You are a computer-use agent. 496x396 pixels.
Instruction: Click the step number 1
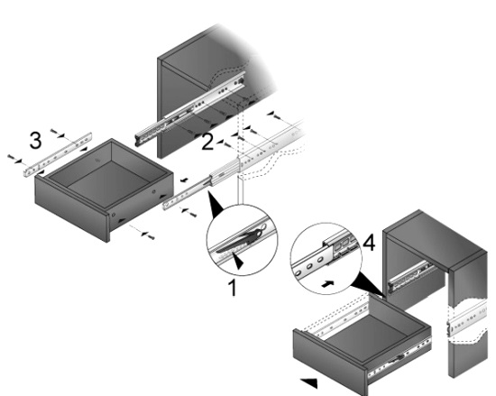(233, 288)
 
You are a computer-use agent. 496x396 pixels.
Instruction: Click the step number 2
(207, 142)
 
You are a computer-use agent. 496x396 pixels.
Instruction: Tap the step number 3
(35, 140)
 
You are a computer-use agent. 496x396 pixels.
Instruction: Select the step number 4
(369, 244)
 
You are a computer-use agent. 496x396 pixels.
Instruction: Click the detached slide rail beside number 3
(58, 154)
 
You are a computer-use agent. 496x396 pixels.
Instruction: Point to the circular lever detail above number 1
(242, 240)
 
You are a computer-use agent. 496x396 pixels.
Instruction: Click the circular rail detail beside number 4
(326, 258)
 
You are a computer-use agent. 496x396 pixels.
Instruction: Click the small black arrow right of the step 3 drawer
(184, 180)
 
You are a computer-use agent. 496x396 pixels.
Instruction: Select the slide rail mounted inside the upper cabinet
(189, 109)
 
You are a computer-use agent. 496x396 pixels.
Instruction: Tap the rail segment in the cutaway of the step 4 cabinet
(467, 318)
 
